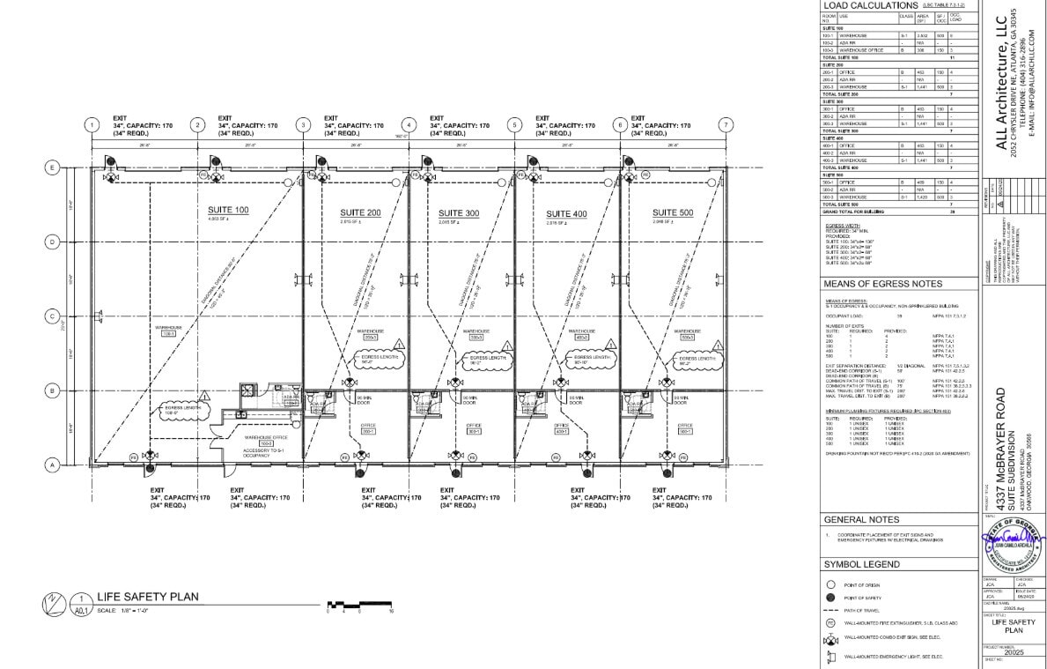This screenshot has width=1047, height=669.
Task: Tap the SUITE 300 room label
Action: pyautogui.click(x=459, y=213)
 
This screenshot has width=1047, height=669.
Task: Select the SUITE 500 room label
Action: pyautogui.click(x=672, y=213)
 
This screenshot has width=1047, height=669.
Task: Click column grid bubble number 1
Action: pyautogui.click(x=92, y=125)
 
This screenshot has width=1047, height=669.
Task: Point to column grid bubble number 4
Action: pyautogui.click(x=409, y=125)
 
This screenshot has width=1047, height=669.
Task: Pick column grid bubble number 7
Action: pyautogui.click(x=726, y=125)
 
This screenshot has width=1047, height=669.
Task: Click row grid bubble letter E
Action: pyautogui.click(x=52, y=167)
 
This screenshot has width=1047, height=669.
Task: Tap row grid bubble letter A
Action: pyautogui.click(x=52, y=465)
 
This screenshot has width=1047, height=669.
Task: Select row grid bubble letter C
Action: pyautogui.click(x=52, y=316)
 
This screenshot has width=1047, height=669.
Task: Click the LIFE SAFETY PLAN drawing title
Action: pyautogui.click(x=147, y=598)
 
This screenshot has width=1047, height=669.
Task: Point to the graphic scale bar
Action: pyautogui.click(x=359, y=605)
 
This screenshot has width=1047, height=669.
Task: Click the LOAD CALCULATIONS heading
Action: pyautogui.click(x=870, y=6)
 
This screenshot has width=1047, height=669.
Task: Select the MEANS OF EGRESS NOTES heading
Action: pyautogui.click(x=882, y=284)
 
